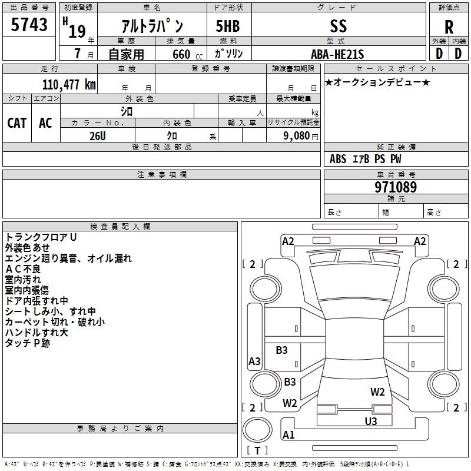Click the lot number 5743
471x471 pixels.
click(x=29, y=25)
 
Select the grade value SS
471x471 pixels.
click(x=338, y=26)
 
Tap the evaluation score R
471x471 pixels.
click(x=449, y=27)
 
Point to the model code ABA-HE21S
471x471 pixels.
click(x=337, y=54)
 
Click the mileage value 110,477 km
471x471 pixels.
click(x=69, y=84)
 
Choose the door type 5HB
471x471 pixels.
click(x=228, y=26)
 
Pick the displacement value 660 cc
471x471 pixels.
click(x=187, y=54)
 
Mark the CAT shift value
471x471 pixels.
click(x=17, y=123)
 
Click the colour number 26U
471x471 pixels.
click(x=98, y=136)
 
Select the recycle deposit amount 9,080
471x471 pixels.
click(x=297, y=136)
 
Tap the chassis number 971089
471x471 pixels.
click(x=396, y=187)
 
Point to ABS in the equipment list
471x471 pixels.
click(x=338, y=159)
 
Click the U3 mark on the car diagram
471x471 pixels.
click(x=371, y=421)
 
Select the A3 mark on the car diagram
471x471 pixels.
click(x=254, y=361)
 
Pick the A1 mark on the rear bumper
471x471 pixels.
click(x=288, y=434)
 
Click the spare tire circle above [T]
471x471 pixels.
click(x=257, y=430)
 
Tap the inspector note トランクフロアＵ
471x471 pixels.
click(x=41, y=237)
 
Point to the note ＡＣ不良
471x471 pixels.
click(x=23, y=269)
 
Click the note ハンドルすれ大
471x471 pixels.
click(x=37, y=333)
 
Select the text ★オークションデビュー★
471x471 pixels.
click(x=377, y=82)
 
